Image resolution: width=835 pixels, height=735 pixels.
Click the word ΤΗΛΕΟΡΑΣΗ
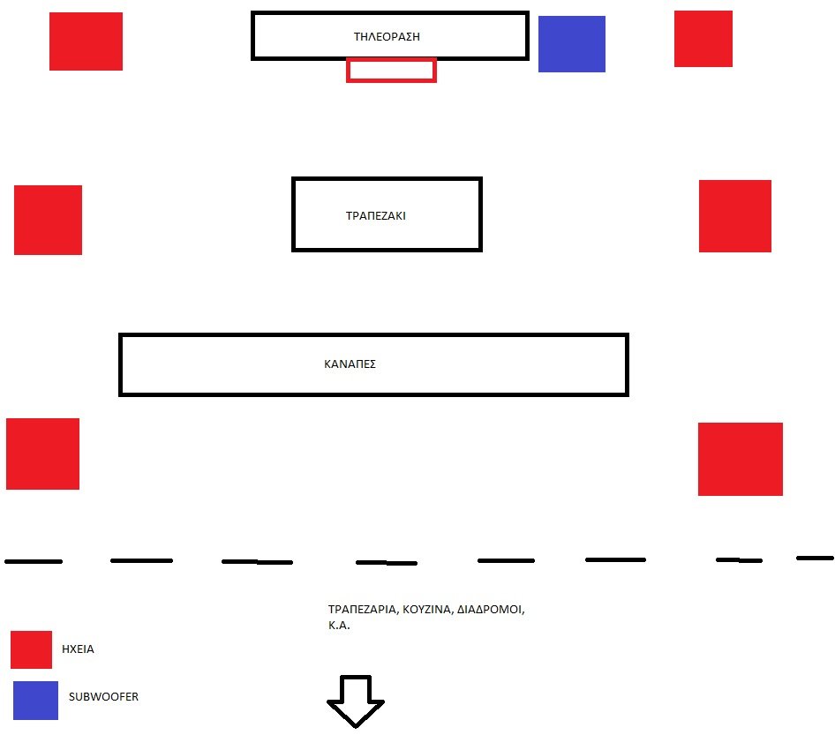pos(387,37)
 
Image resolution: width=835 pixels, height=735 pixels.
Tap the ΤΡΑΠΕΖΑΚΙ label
pos(375,215)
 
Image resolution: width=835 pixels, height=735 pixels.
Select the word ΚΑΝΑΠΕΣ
pos(350,364)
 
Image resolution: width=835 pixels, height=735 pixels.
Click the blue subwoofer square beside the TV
pos(571,43)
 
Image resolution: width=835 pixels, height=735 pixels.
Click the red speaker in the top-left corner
pos(86,41)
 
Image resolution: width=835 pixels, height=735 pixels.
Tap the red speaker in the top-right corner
pos(703,39)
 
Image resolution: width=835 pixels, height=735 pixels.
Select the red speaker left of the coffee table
pos(48,220)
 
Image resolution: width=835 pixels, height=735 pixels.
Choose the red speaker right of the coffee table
pos(735,216)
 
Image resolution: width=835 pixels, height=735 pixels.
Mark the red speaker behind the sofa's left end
pos(42,454)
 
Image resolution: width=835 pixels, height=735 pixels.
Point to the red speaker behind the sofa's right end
pos(741,460)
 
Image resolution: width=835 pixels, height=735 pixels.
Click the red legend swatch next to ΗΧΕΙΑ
pos(32,649)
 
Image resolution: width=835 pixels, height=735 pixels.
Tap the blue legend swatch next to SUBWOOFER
pos(35,701)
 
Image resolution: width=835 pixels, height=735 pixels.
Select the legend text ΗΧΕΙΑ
pos(78,649)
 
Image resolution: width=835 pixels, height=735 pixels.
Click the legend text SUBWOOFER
pos(103,697)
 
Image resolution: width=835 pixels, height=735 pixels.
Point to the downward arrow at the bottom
pos(355,701)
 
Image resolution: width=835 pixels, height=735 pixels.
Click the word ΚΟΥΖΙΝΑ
pos(426,610)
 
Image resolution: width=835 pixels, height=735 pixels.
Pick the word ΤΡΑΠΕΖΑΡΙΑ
pos(363,610)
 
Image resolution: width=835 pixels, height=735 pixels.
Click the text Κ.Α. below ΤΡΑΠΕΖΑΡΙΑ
pos(339,626)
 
